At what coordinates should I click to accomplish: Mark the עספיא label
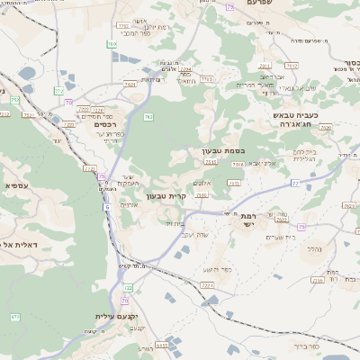coord(20,185)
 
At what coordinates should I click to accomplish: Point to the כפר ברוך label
coord(306,345)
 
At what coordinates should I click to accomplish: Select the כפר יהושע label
coord(219,269)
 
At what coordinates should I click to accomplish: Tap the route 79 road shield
coord(229,6)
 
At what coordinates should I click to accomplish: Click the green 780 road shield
coord(112,43)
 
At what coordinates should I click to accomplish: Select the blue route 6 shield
coord(106,207)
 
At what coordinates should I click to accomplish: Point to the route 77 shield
coord(294,182)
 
